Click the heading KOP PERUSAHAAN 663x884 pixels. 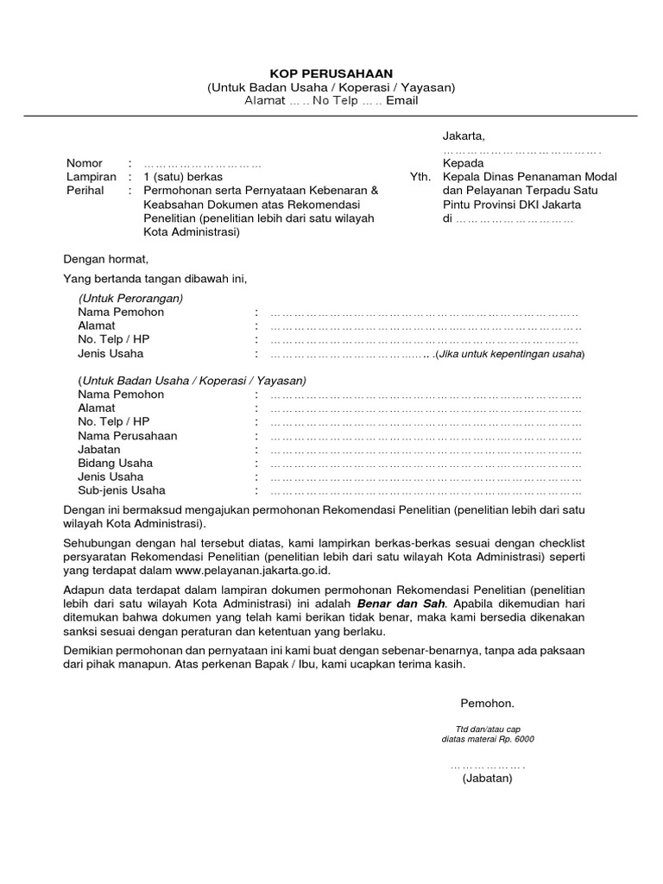click(331, 73)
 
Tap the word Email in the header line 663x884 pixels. click(401, 101)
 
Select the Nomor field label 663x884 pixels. click(85, 163)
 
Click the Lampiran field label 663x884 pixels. click(91, 177)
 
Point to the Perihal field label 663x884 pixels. click(85, 191)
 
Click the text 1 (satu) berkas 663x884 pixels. click(183, 177)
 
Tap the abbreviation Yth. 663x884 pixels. click(420, 177)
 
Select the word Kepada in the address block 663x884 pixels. click(464, 163)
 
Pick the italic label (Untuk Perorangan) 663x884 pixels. click(130, 298)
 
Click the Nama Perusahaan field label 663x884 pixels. click(127, 436)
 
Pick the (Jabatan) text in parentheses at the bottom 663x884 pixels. click(487, 779)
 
